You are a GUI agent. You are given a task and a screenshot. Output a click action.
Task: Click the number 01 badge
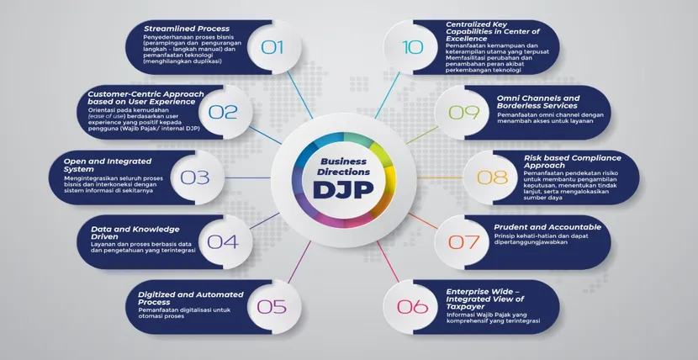coord(272,47)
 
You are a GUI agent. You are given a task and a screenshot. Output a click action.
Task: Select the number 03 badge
coord(194,177)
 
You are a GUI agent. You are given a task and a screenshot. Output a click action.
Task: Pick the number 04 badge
coord(223,241)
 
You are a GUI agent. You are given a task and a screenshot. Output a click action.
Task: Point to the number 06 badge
coord(412,306)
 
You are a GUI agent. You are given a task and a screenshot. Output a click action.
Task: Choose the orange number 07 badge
coord(463,241)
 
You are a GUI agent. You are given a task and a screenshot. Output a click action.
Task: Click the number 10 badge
coord(412,47)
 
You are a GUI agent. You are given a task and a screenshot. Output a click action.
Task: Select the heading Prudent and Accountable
coord(547,227)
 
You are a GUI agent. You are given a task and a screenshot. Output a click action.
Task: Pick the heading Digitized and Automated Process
coord(191,299)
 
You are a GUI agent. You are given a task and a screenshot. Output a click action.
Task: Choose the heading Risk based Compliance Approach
coord(560,161)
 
